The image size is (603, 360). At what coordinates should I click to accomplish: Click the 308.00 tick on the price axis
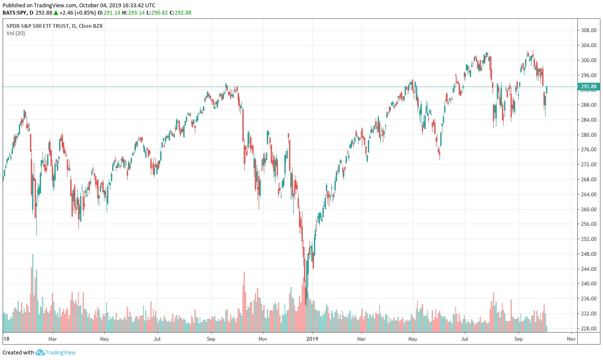pyautogui.click(x=588, y=30)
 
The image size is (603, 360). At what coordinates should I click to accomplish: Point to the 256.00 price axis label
pyautogui.click(x=588, y=224)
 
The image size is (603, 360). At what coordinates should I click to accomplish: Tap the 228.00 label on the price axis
pyautogui.click(x=588, y=329)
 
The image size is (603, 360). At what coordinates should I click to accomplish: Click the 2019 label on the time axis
pyautogui.click(x=312, y=339)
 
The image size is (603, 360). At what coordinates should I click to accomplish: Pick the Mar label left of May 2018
pyautogui.click(x=53, y=339)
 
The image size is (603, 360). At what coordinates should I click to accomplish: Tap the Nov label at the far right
pyautogui.click(x=571, y=339)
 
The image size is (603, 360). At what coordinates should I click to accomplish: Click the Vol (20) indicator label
pyautogui.click(x=15, y=33)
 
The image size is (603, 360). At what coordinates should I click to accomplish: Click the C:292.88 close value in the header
pyautogui.click(x=180, y=12)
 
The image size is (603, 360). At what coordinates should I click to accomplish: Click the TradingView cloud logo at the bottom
pyautogui.click(x=40, y=352)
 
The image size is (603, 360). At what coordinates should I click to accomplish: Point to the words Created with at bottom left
pyautogui.click(x=18, y=353)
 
